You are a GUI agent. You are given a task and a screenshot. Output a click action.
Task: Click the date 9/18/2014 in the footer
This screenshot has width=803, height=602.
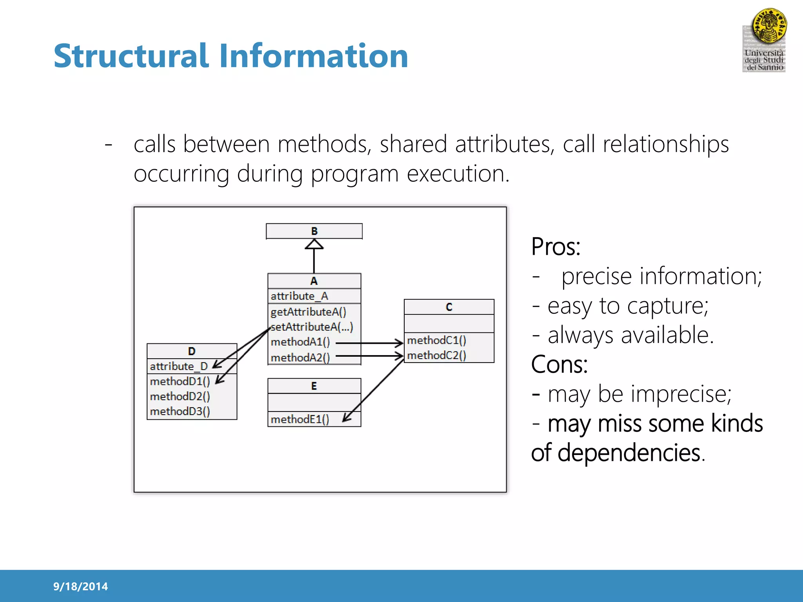(80, 586)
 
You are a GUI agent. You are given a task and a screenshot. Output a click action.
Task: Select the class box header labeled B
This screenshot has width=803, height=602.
(314, 231)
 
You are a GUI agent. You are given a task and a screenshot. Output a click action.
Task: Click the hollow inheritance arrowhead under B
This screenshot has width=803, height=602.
(314, 245)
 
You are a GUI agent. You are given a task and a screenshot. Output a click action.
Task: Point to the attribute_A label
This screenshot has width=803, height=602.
(299, 296)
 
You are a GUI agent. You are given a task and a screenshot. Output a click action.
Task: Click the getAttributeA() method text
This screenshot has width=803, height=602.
(308, 312)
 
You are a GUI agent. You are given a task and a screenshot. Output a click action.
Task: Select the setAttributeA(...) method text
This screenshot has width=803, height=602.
(312, 327)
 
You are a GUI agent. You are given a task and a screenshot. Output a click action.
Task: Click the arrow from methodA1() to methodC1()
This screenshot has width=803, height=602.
(369, 343)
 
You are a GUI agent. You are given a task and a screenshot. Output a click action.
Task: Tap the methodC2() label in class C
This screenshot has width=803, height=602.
(436, 355)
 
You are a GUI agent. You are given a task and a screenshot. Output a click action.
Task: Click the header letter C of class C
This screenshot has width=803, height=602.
(449, 307)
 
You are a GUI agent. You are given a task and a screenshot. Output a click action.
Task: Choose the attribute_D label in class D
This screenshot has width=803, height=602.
(178, 366)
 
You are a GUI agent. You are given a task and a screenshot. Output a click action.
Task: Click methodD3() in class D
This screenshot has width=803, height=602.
(180, 411)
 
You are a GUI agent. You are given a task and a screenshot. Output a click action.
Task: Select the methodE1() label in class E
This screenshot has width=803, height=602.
(300, 419)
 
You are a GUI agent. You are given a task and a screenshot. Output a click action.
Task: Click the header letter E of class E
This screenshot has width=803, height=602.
(314, 386)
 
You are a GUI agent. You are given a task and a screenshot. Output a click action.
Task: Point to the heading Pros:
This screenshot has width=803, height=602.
(555, 247)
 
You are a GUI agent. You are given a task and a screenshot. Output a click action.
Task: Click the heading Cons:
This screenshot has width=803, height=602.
(559, 364)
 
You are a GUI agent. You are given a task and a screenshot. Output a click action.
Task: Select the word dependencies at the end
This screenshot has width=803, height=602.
(629, 453)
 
